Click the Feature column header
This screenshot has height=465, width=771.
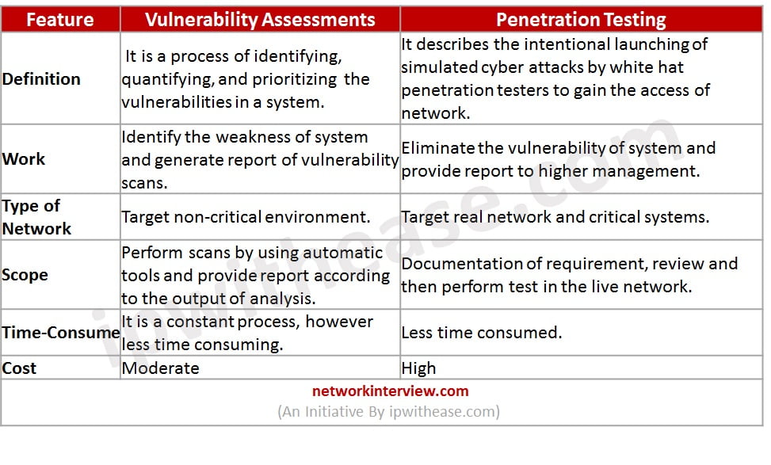60,20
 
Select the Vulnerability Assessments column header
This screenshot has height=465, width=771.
260,20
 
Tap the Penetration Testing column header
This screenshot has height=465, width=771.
581,20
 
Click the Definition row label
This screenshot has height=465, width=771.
41,78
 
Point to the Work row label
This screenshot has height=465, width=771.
24,158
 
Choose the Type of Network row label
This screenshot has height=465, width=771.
36,217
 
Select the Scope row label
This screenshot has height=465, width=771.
25,275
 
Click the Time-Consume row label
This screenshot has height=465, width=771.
61,332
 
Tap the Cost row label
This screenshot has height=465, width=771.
19,368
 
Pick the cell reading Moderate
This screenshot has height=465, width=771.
160,368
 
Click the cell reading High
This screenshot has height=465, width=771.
418,368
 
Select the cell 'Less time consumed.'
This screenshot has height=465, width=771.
482,332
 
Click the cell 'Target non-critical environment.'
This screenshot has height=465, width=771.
246,217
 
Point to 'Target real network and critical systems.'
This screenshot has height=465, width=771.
555,217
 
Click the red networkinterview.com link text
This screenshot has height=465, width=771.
391,391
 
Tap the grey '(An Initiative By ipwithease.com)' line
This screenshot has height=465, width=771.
388,411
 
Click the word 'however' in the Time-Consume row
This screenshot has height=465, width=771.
339,322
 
